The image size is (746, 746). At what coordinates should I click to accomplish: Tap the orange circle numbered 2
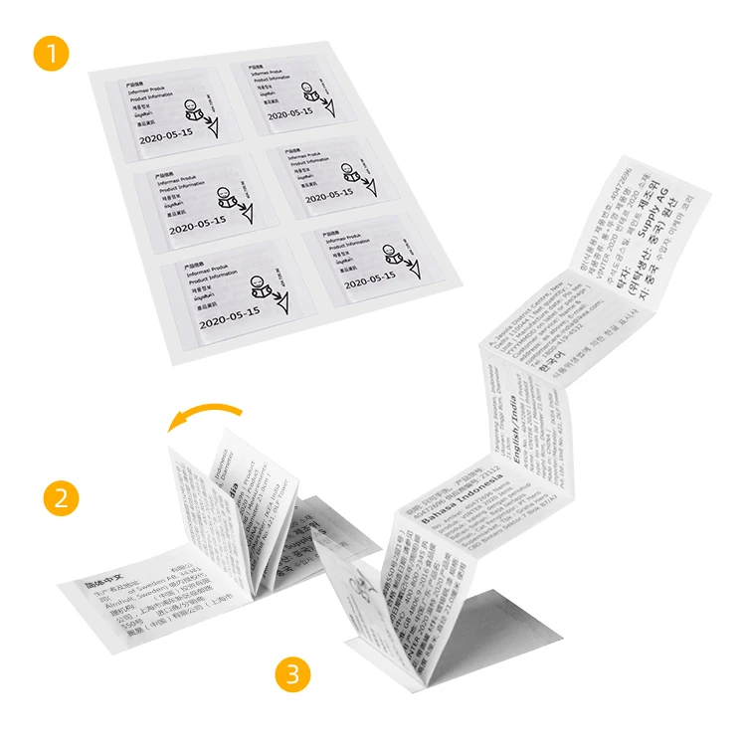61,498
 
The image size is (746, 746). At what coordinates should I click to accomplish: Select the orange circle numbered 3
291,674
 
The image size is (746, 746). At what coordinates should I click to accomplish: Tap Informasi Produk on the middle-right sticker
303,156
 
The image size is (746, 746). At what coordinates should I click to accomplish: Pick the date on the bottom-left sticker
229,317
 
